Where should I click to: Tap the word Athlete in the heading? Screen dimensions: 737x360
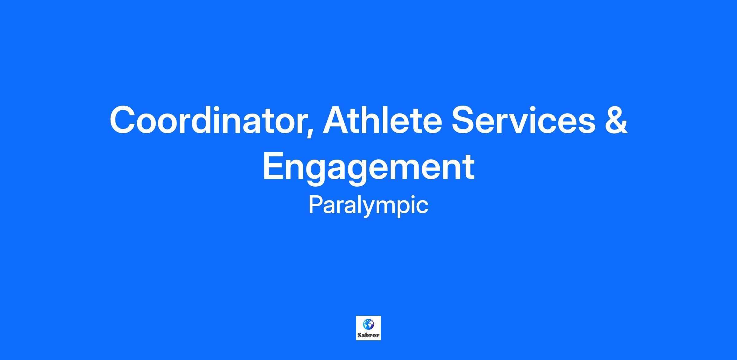tap(382, 120)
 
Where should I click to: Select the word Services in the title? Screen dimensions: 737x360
tap(523, 120)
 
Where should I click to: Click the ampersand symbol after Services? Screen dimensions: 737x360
tap(616, 120)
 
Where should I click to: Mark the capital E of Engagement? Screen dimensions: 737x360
tap(274, 166)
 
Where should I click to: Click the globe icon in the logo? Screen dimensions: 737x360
tap(368, 324)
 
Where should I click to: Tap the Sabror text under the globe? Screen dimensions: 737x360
tap(368, 335)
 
